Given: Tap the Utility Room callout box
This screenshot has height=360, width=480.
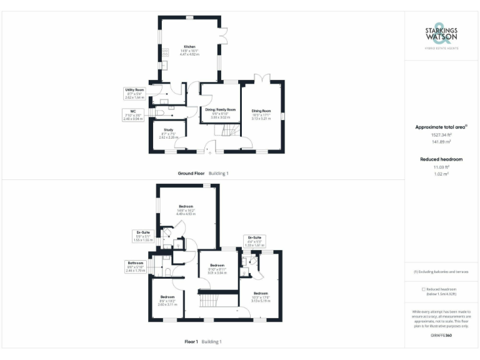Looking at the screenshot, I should point(134,94).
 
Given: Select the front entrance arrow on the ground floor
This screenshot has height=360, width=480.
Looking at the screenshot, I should point(210,151).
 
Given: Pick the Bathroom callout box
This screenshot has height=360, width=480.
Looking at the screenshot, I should point(136,267).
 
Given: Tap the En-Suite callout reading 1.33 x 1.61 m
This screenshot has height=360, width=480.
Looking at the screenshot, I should point(254,242).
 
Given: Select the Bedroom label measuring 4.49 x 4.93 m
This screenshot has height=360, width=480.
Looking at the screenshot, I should point(186,210).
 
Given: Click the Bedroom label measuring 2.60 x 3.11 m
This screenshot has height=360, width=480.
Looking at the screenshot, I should point(167,301).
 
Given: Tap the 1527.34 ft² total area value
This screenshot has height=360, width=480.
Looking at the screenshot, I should point(441,134).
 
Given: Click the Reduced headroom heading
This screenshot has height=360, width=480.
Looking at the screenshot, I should point(441,159).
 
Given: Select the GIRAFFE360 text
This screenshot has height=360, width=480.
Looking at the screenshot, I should point(441,336).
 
